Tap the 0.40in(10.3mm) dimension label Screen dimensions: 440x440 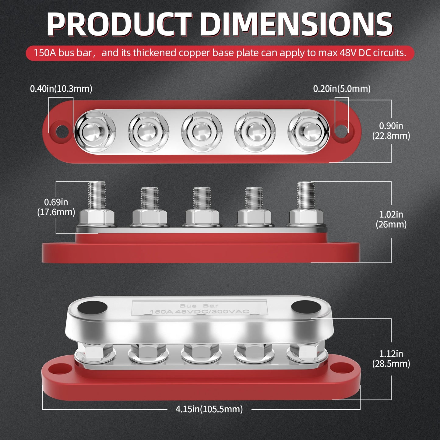tap(61, 89)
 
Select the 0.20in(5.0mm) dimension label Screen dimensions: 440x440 tap(342, 89)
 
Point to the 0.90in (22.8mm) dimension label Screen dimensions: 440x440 tap(391, 131)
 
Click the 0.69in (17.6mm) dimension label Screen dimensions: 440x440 tap(56, 207)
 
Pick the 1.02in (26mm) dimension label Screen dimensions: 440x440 tap(391, 219)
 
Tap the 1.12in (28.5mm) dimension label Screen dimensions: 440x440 tap(391, 358)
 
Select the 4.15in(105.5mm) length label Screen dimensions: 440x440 tap(209, 409)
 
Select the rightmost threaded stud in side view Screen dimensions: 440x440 tap(305, 195)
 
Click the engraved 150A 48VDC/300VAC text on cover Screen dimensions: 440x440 tap(199, 311)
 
